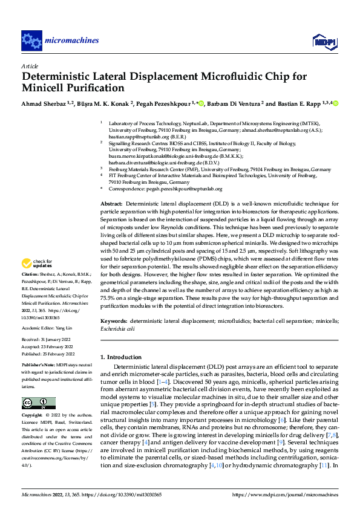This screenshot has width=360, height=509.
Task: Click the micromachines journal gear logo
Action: click(x=31, y=41)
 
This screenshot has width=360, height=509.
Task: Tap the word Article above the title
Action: click(x=30, y=66)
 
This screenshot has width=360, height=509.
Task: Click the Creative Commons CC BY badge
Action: click(x=38, y=403)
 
